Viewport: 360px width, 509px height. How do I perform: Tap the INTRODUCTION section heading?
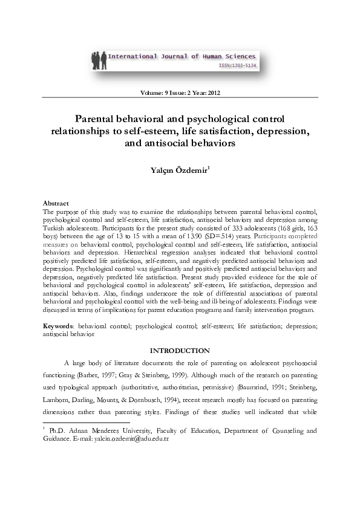tap(180, 351)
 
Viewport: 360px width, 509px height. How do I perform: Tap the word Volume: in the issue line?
tap(152, 94)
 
